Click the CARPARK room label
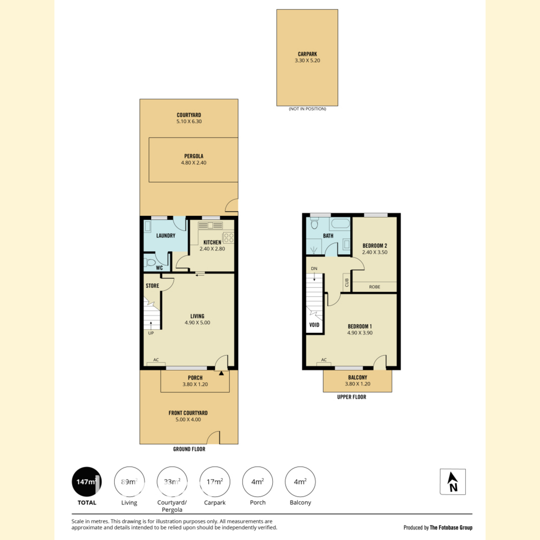point(307,54)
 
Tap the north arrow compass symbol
point(453,482)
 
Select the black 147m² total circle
point(87,482)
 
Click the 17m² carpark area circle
point(215,482)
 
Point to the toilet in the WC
point(149,262)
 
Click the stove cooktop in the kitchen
point(229,238)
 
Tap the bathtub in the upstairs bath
point(341,224)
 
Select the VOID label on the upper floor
point(314,325)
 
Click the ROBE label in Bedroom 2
point(375,287)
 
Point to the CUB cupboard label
point(347,283)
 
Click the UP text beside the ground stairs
point(151,333)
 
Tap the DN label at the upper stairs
point(314,269)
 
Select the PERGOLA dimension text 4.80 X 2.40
point(193,163)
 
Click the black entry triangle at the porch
point(221,373)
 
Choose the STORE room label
point(153,286)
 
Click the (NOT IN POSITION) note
point(307,109)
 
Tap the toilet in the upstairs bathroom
point(315,223)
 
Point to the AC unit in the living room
point(156,364)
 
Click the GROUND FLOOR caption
point(189,449)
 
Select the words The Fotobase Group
point(451,528)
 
